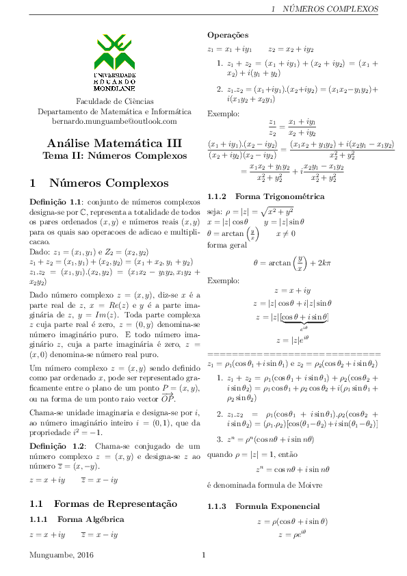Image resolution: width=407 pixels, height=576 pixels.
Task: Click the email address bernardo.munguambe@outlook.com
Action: (x=114, y=121)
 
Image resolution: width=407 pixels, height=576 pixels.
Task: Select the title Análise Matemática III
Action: (x=114, y=144)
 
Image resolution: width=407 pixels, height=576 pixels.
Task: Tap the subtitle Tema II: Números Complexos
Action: (x=114, y=156)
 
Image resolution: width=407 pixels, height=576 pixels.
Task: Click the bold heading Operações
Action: (x=228, y=35)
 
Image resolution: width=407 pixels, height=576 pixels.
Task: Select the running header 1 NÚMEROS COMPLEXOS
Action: (x=325, y=10)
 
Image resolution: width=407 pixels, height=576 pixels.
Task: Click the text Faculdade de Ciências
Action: (x=114, y=101)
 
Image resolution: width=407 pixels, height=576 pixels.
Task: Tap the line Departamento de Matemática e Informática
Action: (x=114, y=111)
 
